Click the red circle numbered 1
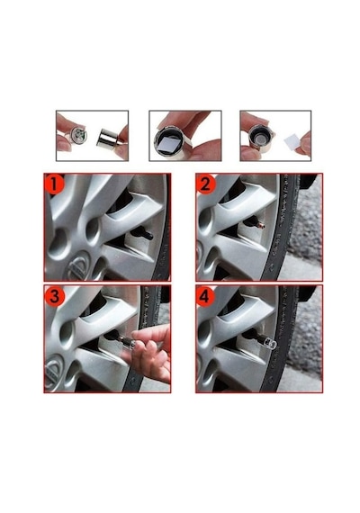[54, 184]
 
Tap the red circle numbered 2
[206, 184]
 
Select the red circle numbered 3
[54, 296]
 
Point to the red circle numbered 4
[205, 296]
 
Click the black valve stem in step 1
[141, 234]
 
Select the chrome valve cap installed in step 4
[267, 343]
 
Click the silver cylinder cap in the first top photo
[107, 139]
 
